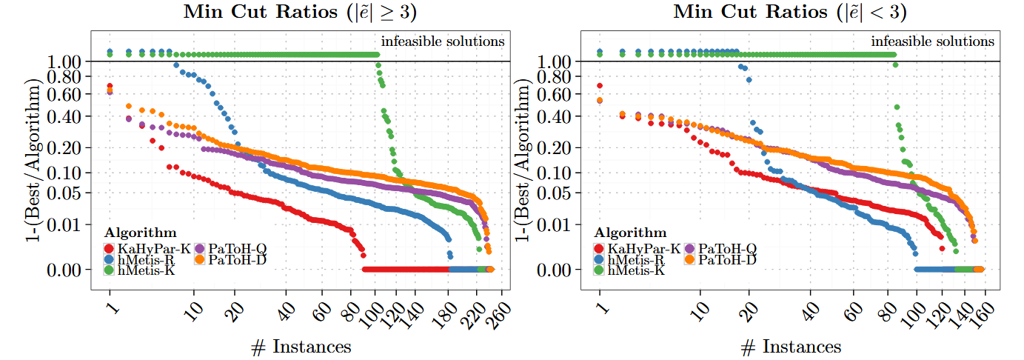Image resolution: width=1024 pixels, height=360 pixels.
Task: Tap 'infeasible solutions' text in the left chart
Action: point(443,41)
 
